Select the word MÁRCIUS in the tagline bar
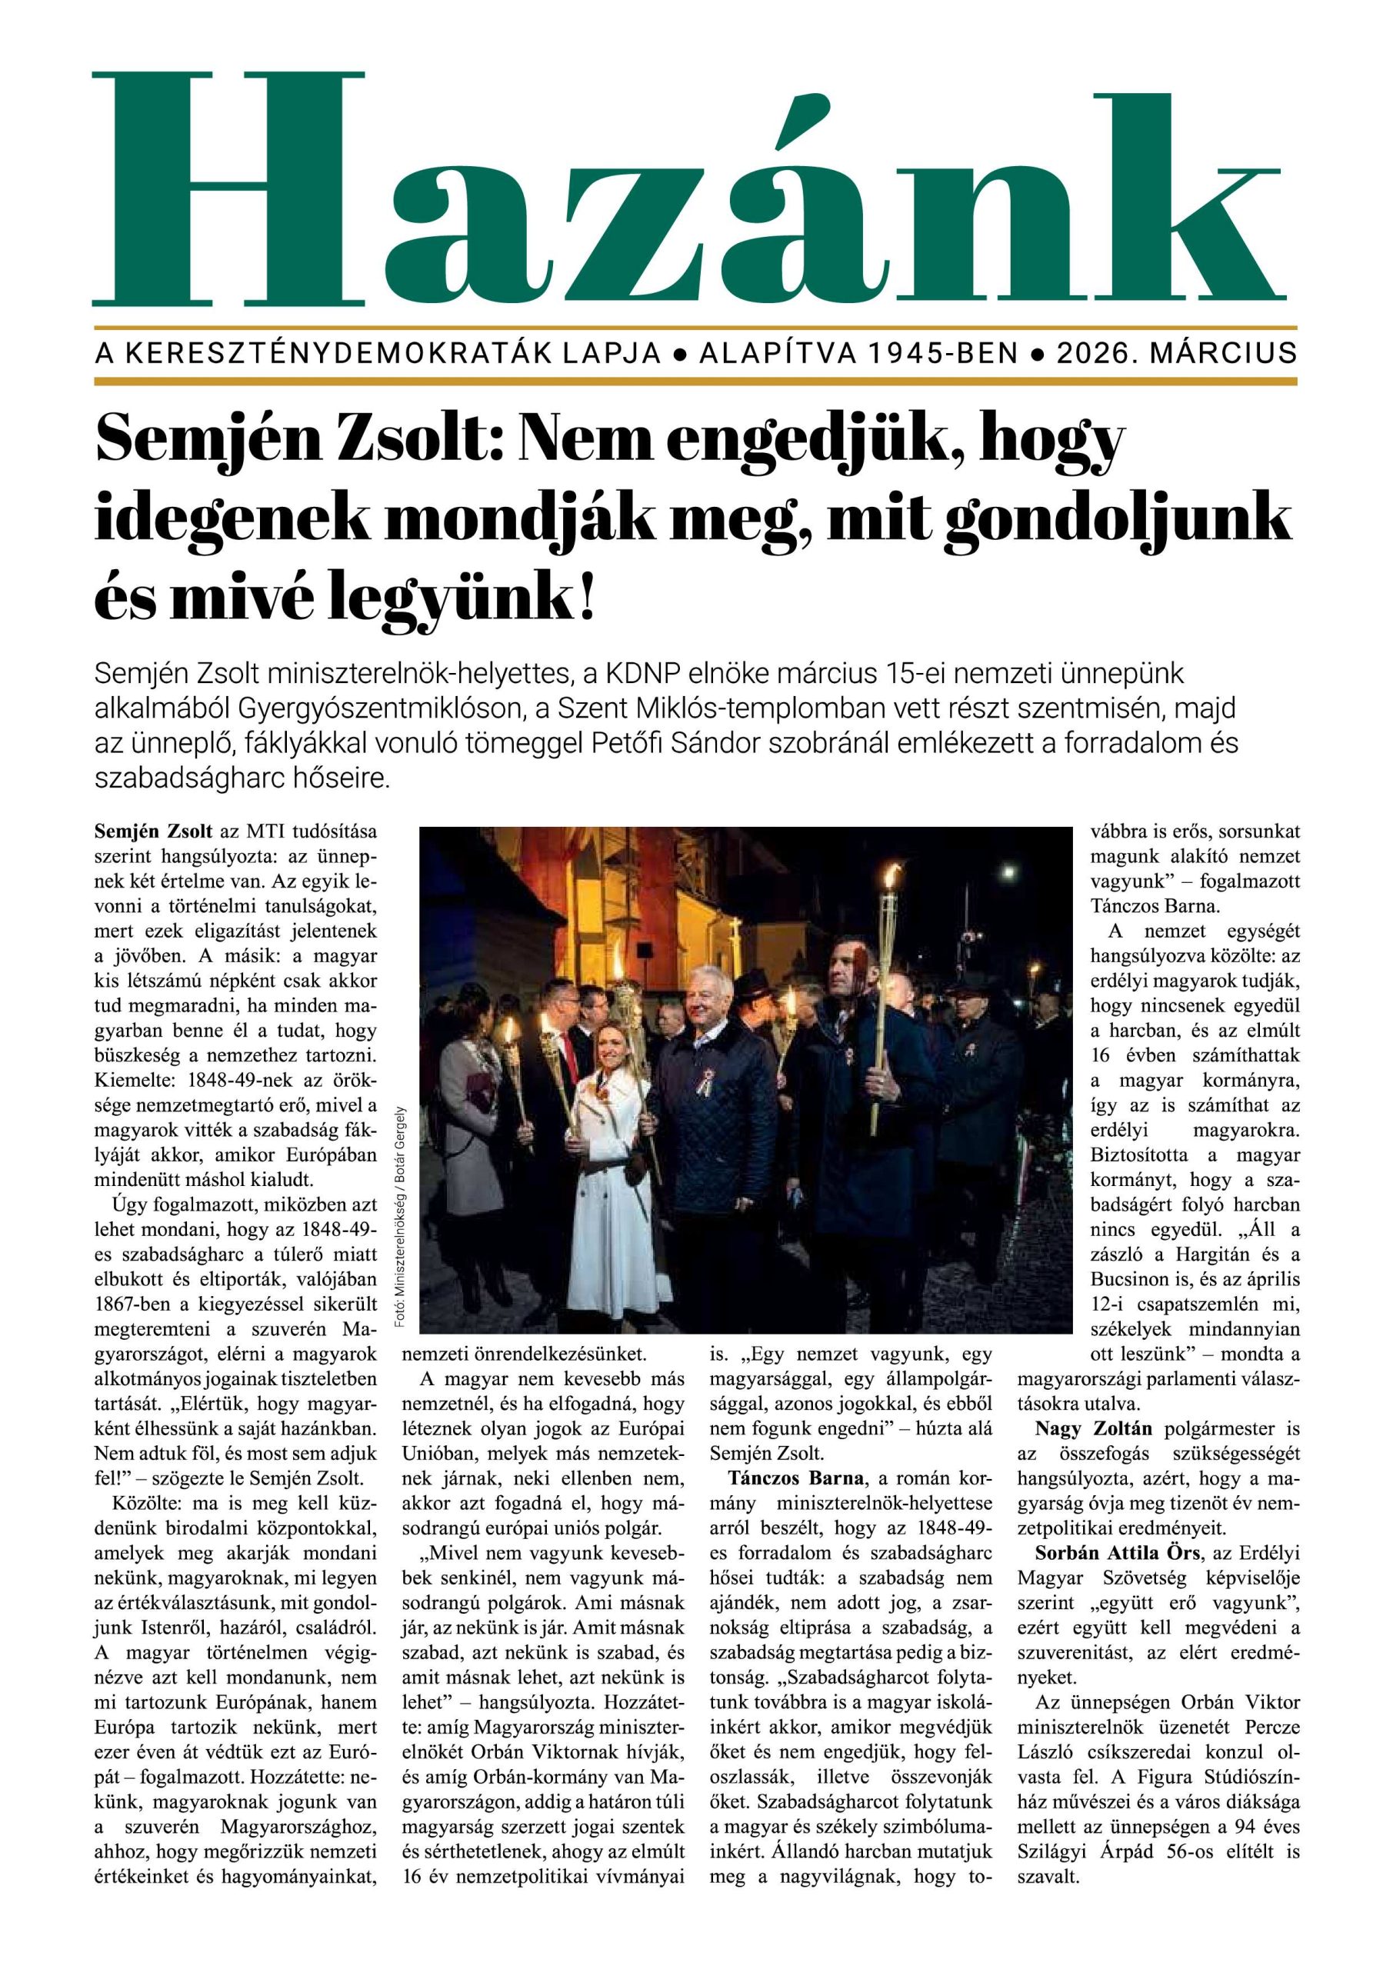1223,353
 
